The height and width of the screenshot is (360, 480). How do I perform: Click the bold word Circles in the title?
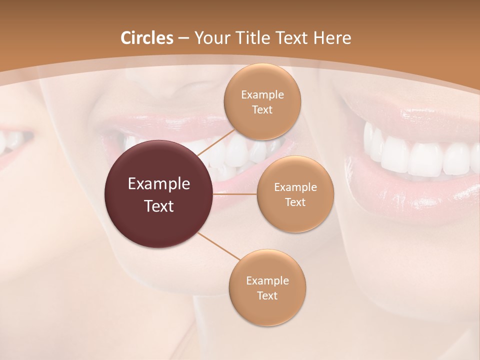(147, 38)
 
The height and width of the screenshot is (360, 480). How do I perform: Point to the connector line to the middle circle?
(235, 193)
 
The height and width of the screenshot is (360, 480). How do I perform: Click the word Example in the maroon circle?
(159, 184)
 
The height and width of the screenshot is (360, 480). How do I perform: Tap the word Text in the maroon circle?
(159, 206)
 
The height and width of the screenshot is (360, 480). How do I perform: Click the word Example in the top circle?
(262, 94)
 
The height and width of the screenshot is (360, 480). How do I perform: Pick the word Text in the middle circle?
(295, 202)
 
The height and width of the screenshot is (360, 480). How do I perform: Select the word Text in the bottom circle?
(267, 295)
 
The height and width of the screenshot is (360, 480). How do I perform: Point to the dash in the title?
(183, 38)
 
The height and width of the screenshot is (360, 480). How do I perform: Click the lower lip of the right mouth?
(425, 197)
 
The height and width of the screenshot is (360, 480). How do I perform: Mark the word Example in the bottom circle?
(267, 280)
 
